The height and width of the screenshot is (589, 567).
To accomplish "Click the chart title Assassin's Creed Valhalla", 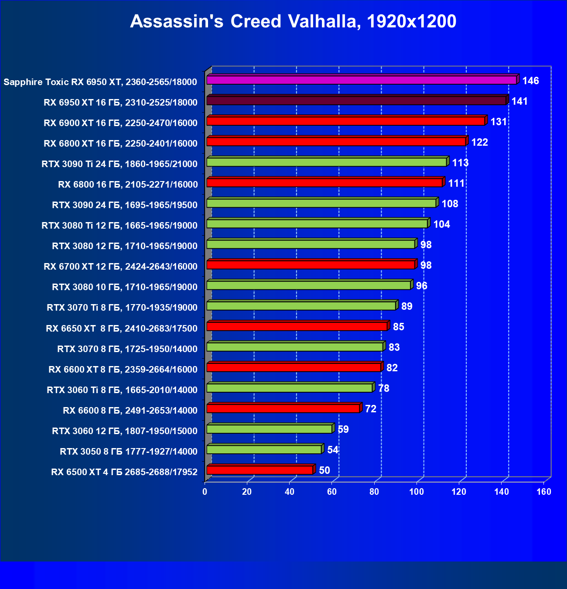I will tap(293, 21).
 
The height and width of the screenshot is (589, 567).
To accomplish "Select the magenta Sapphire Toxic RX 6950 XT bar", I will tap(362, 80).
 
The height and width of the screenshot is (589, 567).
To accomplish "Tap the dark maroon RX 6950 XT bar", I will tap(356, 100).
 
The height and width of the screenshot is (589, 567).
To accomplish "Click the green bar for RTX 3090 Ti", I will tap(327, 162).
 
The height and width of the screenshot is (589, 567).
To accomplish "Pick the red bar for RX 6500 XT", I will tap(260, 470).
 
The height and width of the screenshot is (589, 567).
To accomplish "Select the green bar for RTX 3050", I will tap(264, 449).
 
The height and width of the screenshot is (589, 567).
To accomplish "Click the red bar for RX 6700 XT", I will tap(311, 264).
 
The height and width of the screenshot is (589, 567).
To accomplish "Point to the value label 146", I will tap(530, 81).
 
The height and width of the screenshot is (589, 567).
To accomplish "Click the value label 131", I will tap(499, 122).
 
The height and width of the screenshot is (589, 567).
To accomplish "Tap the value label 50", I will tap(324, 470).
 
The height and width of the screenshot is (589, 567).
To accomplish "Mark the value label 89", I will tap(406, 306).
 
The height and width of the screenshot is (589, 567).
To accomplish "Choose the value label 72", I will tap(370, 409).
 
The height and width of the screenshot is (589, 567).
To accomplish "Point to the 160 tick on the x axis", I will tap(543, 492).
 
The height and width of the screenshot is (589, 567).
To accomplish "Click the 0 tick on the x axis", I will tap(205, 492).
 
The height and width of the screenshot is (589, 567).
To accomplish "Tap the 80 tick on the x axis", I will tap(374, 492).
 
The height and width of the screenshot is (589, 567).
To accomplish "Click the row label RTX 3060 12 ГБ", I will tap(125, 431).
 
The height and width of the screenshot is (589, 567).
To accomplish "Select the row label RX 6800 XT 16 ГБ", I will tap(121, 144).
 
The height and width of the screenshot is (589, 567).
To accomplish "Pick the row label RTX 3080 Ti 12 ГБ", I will tap(120, 226).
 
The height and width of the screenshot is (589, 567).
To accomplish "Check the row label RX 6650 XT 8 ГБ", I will tap(122, 329).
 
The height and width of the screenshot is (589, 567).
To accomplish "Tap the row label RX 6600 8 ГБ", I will tap(130, 411).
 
